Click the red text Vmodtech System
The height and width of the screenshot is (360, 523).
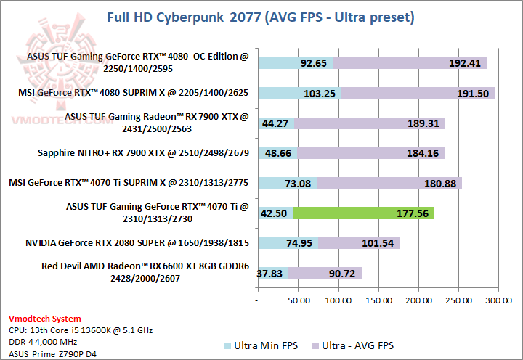click(x=45, y=319)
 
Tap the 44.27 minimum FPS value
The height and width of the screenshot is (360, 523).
click(x=276, y=123)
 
